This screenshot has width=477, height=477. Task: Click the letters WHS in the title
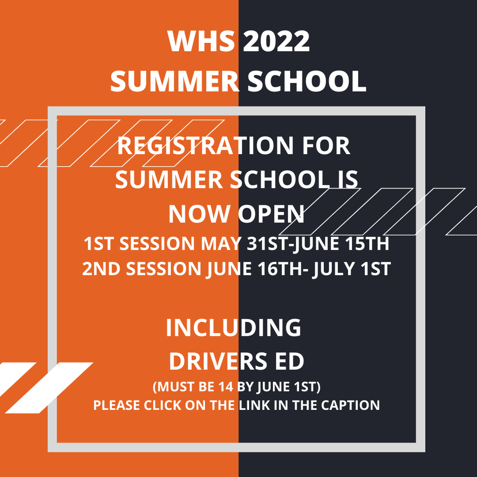tap(201, 41)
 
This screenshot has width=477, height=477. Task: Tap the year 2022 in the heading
tap(276, 41)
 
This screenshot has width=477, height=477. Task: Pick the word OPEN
tap(271, 214)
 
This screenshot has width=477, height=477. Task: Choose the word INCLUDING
tap(233, 327)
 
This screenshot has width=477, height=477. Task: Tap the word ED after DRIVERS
tap(289, 361)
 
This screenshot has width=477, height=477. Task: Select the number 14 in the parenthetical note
tap(225, 387)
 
